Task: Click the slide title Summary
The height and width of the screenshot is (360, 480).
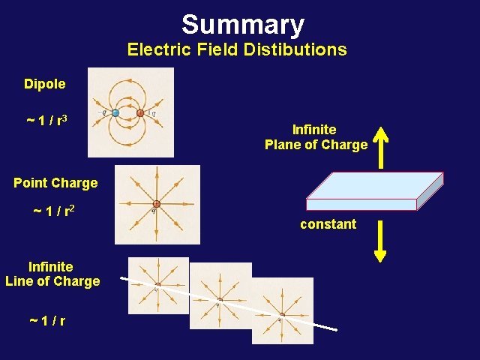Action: (x=242, y=25)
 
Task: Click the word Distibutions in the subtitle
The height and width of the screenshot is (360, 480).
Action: (x=298, y=50)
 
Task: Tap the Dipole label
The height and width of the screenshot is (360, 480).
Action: (x=44, y=84)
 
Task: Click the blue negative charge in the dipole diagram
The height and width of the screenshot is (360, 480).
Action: (x=115, y=113)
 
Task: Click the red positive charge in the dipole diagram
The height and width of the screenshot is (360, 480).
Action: (x=140, y=113)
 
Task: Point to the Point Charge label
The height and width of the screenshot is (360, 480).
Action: (x=55, y=183)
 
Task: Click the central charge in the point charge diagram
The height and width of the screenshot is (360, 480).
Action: (x=157, y=204)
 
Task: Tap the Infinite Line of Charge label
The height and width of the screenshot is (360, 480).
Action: (x=52, y=274)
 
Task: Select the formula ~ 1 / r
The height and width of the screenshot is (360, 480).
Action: (x=46, y=321)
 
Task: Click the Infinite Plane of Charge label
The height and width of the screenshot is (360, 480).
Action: (x=316, y=137)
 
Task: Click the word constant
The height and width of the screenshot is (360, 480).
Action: (x=328, y=224)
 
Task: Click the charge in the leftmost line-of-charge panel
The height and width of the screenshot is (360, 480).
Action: (x=157, y=286)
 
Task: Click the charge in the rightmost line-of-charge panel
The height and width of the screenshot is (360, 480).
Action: (x=281, y=315)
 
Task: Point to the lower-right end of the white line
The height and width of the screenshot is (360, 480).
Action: (x=335, y=330)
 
